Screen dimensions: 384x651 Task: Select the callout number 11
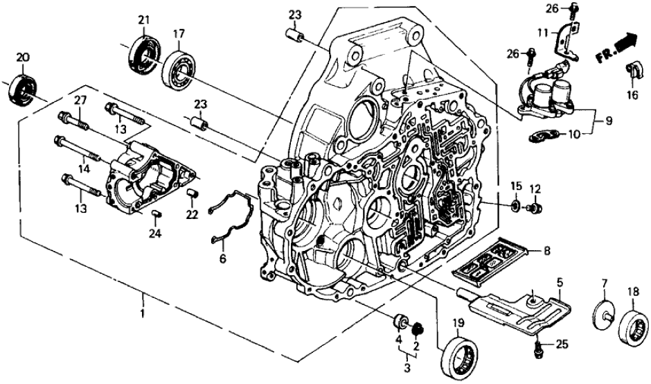pyautogui.click(x=544, y=32)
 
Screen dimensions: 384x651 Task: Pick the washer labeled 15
pyautogui.click(x=516, y=206)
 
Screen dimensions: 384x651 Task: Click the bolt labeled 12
pyautogui.click(x=535, y=207)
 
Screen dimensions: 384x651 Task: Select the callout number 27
pyautogui.click(x=80, y=101)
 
